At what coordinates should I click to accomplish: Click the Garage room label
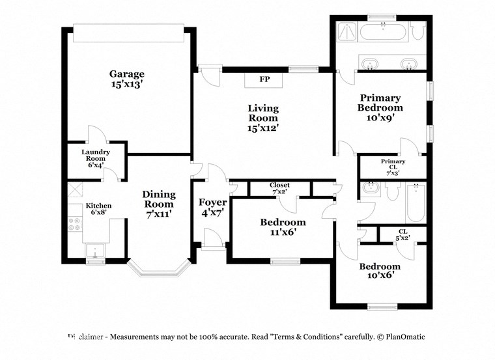pos(126,74)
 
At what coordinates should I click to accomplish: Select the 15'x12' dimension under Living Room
pos(262,128)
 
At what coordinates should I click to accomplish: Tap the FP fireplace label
pos(264,79)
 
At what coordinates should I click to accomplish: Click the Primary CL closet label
pos(393,161)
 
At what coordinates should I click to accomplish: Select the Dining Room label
pos(159,199)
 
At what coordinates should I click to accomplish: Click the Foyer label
pos(212,202)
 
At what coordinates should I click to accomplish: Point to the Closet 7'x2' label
pos(279,188)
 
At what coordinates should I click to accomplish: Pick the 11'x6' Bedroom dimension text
pos(283,232)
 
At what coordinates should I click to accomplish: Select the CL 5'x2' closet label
pos(404,234)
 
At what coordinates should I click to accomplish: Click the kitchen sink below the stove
pos(96,251)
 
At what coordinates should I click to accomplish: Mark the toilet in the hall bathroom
pos(392,193)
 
